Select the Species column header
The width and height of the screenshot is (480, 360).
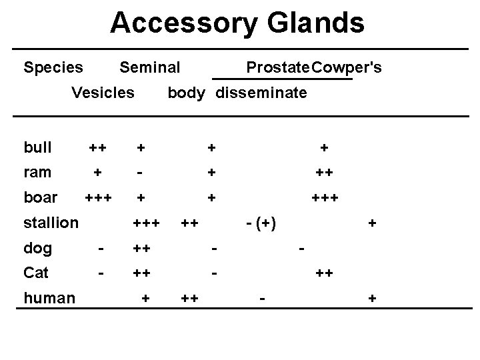(53, 67)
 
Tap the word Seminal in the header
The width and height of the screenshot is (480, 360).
(149, 67)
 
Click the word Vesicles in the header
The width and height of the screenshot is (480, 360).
(103, 93)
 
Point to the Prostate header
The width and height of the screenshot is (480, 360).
(277, 67)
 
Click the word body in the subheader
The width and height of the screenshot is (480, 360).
(186, 93)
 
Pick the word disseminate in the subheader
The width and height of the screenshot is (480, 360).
(261, 93)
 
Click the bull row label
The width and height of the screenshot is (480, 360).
(37, 147)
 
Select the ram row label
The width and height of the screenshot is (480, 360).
(37, 172)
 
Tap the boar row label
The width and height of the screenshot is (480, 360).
(40, 198)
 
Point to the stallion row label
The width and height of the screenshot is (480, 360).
(51, 223)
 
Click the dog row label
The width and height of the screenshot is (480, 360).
(37, 249)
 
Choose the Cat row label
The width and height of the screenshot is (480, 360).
(36, 273)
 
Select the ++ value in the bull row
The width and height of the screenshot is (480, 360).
(98, 147)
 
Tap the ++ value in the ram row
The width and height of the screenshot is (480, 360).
(325, 172)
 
